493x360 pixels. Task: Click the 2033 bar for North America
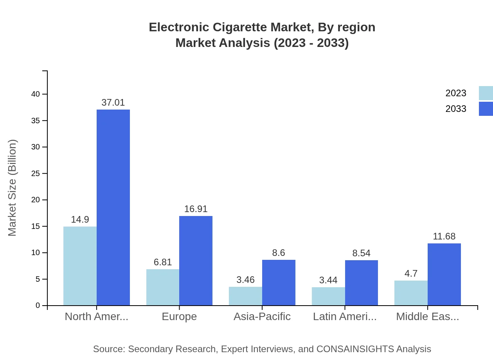(x=113, y=207)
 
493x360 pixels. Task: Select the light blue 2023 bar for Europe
(x=163, y=287)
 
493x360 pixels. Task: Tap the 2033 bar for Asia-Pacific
(x=279, y=283)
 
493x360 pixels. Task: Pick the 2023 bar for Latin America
(x=328, y=296)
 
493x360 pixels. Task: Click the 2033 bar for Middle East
(x=444, y=274)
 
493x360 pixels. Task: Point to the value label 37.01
(x=113, y=103)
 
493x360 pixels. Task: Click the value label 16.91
(x=196, y=209)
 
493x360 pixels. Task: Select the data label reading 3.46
(x=245, y=280)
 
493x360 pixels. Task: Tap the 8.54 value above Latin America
(x=361, y=253)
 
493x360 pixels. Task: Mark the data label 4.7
(x=411, y=274)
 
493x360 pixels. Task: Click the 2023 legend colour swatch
(x=486, y=93)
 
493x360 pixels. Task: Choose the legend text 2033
(x=456, y=109)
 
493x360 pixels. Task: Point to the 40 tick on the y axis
(x=36, y=94)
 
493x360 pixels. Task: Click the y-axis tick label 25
(x=36, y=173)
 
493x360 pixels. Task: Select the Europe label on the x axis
(x=179, y=317)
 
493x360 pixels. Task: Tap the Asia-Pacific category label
(x=262, y=317)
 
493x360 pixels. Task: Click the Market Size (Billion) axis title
(x=12, y=188)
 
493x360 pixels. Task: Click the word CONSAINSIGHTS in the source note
(x=355, y=349)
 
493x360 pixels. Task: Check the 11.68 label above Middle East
(x=444, y=236)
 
